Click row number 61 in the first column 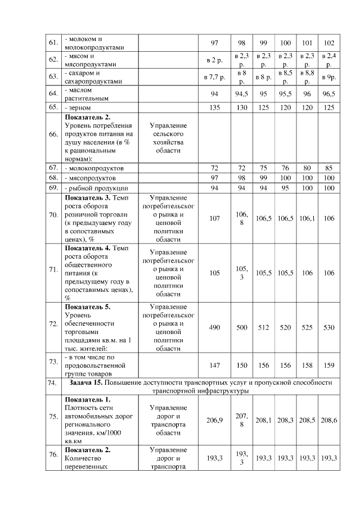pyautogui.click(x=53, y=43)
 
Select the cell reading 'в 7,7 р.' pyautogui.click(x=214, y=76)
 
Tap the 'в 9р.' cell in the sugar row pyautogui.click(x=329, y=76)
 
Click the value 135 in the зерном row pyautogui.click(x=214, y=107)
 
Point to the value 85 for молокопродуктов pyautogui.click(x=329, y=168)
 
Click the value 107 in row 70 pyautogui.click(x=214, y=218)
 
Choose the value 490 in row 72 pyautogui.click(x=214, y=327)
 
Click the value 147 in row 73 pyautogui.click(x=214, y=365)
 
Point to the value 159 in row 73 pyautogui.click(x=329, y=365)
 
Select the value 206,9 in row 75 pyautogui.click(x=214, y=420)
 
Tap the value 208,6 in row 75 pyautogui.click(x=329, y=420)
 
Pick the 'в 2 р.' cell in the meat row pyautogui.click(x=214, y=60)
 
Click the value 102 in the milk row pyautogui.click(x=329, y=43)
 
